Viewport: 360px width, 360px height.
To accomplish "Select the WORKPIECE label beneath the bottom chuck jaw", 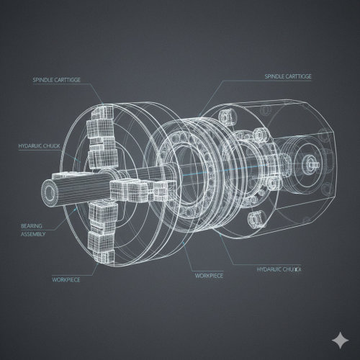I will click(66, 279).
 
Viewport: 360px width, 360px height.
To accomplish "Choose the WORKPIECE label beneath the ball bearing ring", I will click(210, 275).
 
